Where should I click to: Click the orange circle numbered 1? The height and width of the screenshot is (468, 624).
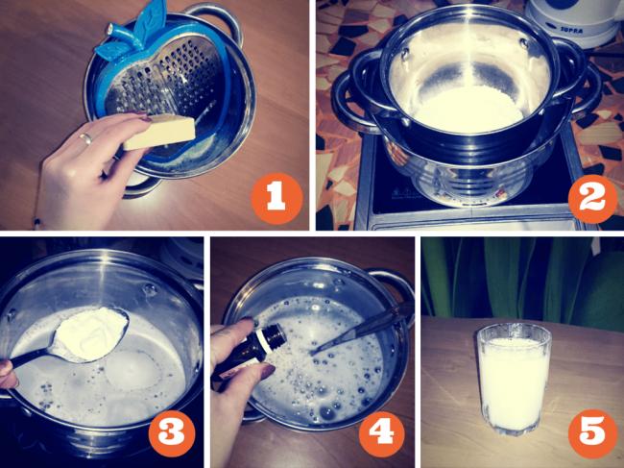point(276,198)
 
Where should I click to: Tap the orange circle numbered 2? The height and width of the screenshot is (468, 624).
point(592,198)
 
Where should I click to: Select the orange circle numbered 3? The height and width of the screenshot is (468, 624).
point(172,433)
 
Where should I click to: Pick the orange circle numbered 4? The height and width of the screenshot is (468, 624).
point(382,433)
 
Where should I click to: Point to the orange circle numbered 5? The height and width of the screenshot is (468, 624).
point(592,433)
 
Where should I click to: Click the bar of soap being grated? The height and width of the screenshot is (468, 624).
point(159,132)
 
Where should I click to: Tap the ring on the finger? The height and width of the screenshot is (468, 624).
point(86,137)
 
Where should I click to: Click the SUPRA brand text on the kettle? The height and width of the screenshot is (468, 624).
point(561,31)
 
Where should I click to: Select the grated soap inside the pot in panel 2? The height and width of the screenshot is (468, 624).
point(468,110)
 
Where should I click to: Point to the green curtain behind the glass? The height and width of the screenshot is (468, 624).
point(521,279)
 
